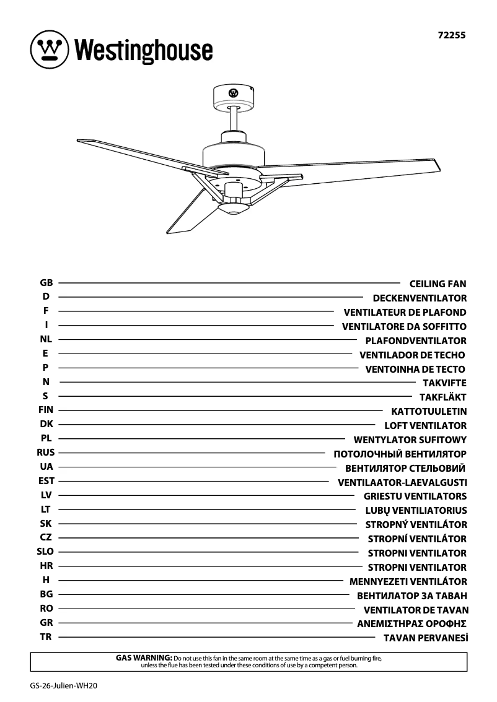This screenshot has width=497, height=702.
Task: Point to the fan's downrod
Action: point(234,118)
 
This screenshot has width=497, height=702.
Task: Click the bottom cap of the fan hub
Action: point(234,211)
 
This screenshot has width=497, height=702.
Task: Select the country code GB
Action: point(46,283)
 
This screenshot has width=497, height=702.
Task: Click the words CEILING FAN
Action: point(438,284)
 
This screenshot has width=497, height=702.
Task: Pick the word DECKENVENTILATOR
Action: point(420,298)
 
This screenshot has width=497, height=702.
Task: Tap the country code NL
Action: point(46,339)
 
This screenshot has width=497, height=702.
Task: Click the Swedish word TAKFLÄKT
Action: point(442,397)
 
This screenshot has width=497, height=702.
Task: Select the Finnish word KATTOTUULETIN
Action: point(429,411)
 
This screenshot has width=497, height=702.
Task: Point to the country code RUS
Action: point(46,453)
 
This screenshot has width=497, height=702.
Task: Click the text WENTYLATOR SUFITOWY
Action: point(410,440)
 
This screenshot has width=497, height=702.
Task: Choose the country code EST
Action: point(46,481)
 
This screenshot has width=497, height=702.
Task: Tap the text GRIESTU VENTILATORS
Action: point(415,496)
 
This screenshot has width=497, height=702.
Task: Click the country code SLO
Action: point(46,552)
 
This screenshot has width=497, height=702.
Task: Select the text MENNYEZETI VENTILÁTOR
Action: point(408,582)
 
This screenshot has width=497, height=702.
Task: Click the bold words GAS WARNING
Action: point(144,657)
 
